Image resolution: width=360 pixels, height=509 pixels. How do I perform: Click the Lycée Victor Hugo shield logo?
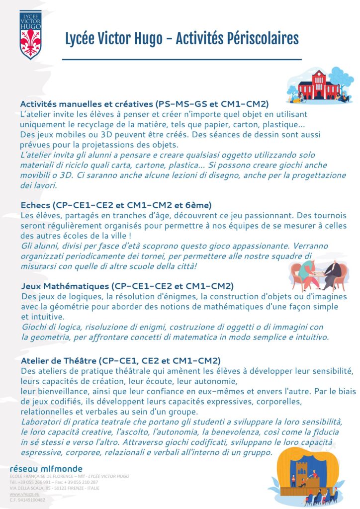tap(30, 34)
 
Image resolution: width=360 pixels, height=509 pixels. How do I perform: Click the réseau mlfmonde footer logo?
tap(46, 469)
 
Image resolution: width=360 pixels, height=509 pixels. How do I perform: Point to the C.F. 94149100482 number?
tap(27, 500)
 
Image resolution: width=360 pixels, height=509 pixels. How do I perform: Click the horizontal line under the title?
tap(181, 59)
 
